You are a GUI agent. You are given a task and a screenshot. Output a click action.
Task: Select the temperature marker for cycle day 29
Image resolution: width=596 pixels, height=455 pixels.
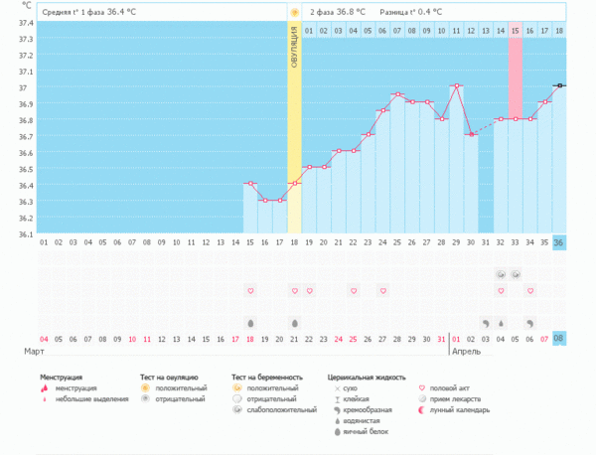click(x=456, y=85)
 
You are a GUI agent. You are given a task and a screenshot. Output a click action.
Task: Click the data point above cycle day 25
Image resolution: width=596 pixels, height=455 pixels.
click(x=397, y=94)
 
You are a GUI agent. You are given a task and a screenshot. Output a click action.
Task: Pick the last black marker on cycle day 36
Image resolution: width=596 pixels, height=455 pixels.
click(x=559, y=85)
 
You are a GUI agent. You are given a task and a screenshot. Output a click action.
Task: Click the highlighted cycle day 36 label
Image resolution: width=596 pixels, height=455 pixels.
click(x=559, y=242)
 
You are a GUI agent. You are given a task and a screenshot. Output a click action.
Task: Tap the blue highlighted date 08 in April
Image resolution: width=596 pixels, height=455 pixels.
click(x=559, y=339)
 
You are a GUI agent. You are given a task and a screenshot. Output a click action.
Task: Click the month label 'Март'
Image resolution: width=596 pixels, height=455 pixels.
click(x=35, y=352)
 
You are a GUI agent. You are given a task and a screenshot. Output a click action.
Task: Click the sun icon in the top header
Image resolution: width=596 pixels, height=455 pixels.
click(x=294, y=12)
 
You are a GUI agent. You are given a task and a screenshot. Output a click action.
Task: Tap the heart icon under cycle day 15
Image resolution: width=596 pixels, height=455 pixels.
click(x=250, y=290)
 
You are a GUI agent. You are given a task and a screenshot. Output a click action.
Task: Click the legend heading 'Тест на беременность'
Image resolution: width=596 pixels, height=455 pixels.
click(x=265, y=379)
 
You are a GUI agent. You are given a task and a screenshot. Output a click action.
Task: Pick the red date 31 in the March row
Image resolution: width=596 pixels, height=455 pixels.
click(x=441, y=339)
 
